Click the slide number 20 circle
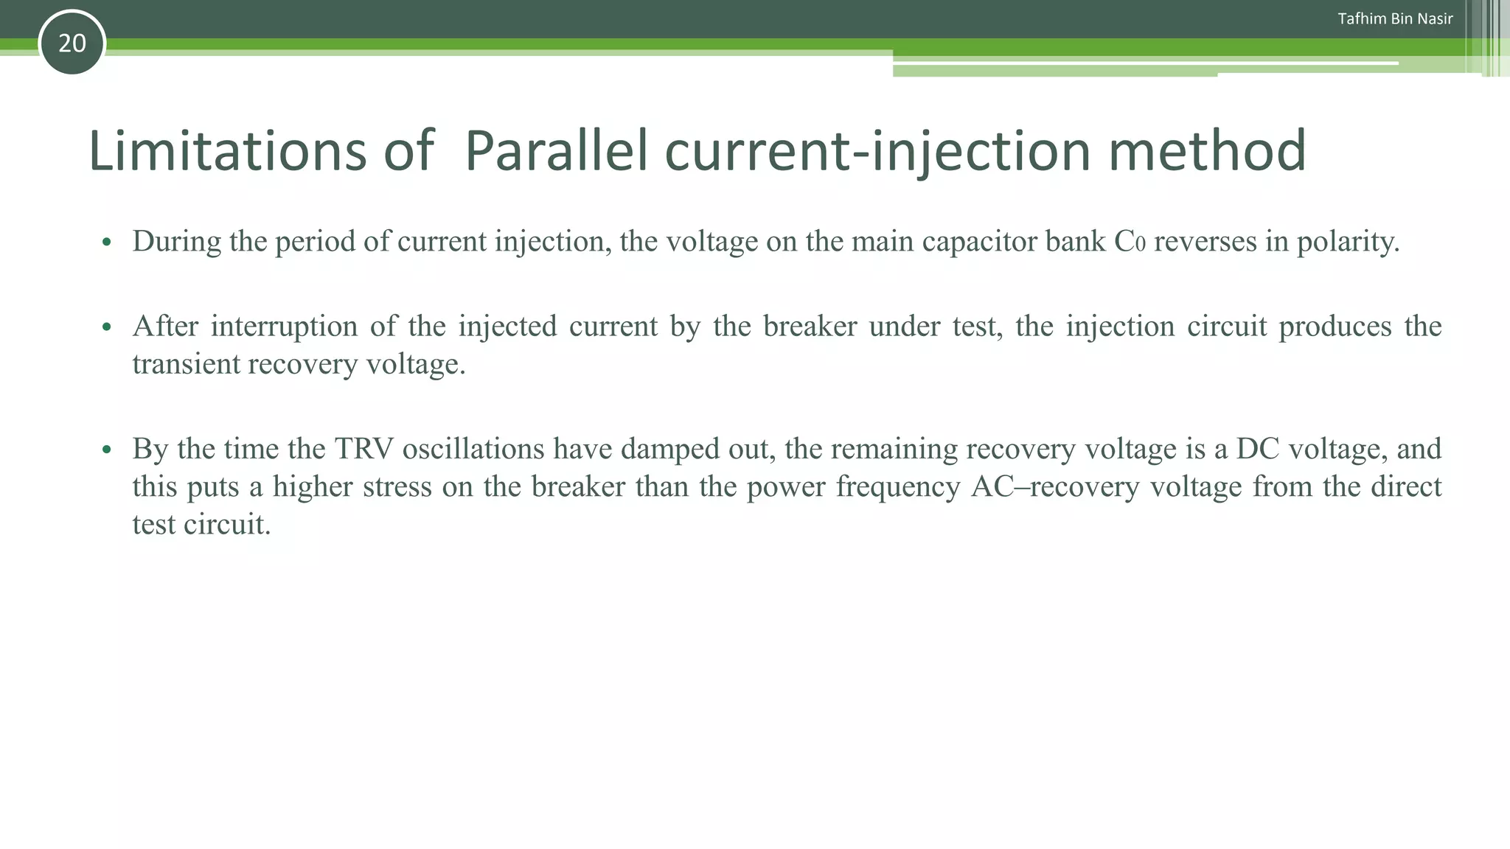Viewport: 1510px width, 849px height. [x=72, y=43]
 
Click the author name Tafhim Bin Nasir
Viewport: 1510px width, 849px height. [x=1395, y=19]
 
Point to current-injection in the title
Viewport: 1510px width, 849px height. [x=877, y=153]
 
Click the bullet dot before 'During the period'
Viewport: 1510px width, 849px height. [x=107, y=242]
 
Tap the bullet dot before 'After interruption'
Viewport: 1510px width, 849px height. [x=107, y=327]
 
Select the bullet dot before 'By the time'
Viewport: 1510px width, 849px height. [x=107, y=450]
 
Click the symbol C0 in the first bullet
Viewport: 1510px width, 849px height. [x=1129, y=242]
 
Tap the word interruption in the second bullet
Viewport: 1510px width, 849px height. [x=284, y=326]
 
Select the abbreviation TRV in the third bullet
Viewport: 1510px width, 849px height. [x=364, y=449]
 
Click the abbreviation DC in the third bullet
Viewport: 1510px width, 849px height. [x=1257, y=449]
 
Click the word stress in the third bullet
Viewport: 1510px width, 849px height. [x=397, y=487]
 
